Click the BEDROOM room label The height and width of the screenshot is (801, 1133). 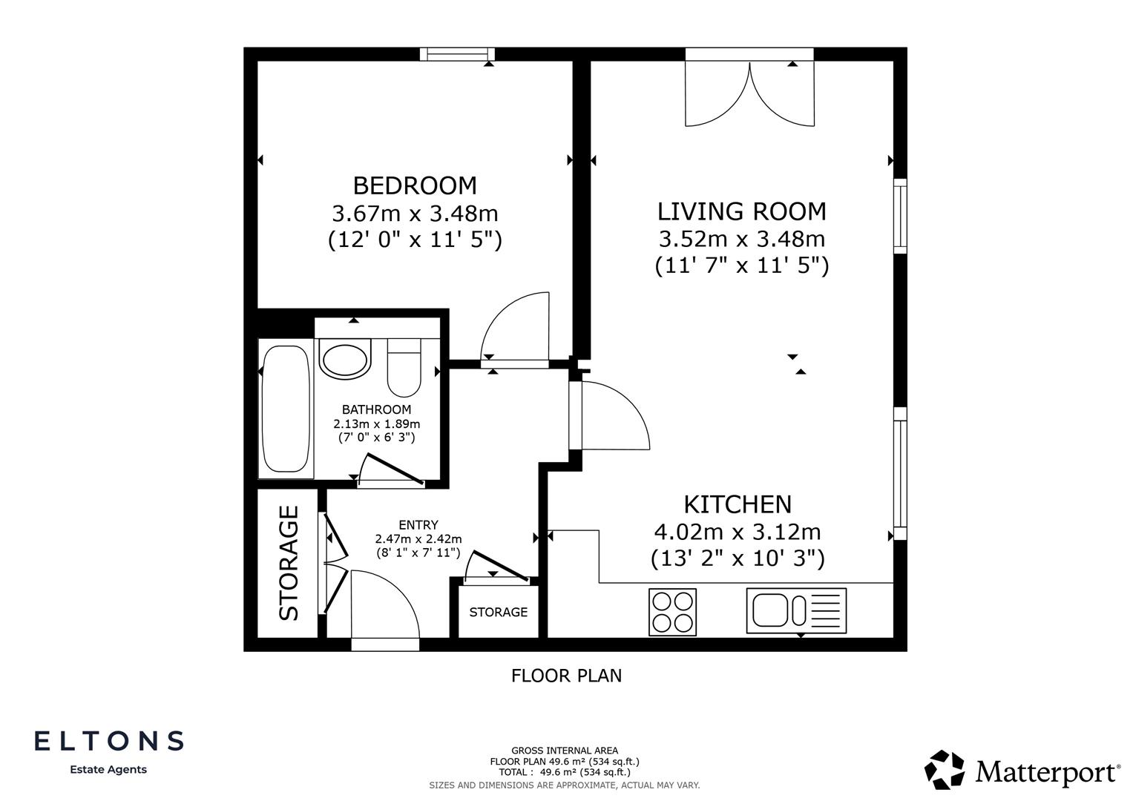tap(414, 185)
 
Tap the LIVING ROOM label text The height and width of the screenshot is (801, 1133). tap(741, 211)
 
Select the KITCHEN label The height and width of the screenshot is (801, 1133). tap(738, 504)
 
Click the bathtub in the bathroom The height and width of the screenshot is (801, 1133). tap(285, 409)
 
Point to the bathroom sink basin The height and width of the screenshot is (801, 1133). tap(344, 359)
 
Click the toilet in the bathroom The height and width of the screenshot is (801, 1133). tap(404, 368)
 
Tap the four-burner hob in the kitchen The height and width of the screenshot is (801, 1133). tap(672, 612)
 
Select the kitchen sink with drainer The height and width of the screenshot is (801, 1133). tap(796, 610)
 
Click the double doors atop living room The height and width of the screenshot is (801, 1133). tap(749, 91)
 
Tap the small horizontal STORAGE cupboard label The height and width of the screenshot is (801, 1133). tap(498, 612)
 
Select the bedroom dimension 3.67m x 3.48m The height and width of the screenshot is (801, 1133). tap(414, 214)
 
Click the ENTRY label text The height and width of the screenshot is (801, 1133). tap(418, 525)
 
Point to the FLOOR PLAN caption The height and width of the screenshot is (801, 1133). tap(566, 676)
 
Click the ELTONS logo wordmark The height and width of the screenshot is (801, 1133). tap(109, 740)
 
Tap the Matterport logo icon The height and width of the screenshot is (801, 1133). tap(944, 769)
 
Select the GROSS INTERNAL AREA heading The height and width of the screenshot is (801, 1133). tap(564, 751)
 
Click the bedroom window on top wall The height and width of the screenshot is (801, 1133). tap(457, 53)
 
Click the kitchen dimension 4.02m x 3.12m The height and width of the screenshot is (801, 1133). tap(738, 532)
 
